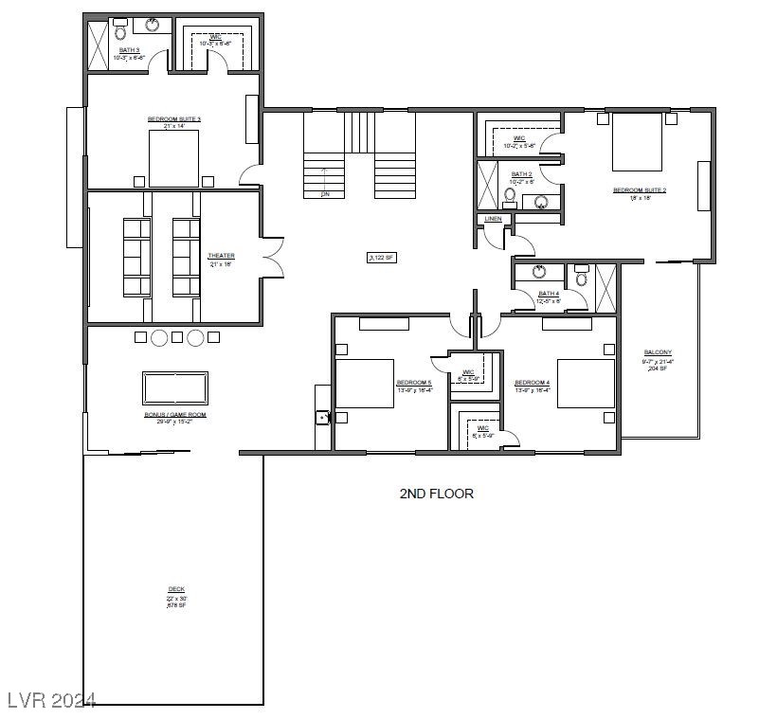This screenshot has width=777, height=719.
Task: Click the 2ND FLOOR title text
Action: [436, 494]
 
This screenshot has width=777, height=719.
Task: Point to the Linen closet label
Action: [493, 219]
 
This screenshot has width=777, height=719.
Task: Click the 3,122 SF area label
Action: [382, 257]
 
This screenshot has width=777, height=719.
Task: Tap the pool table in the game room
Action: [175, 388]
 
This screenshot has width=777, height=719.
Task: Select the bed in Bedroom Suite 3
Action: [173, 157]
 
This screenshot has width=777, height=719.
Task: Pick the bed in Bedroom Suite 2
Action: [637, 142]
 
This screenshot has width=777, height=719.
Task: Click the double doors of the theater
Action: [272, 257]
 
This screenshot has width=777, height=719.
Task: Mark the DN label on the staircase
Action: [325, 193]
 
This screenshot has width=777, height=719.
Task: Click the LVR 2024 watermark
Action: [51, 700]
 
